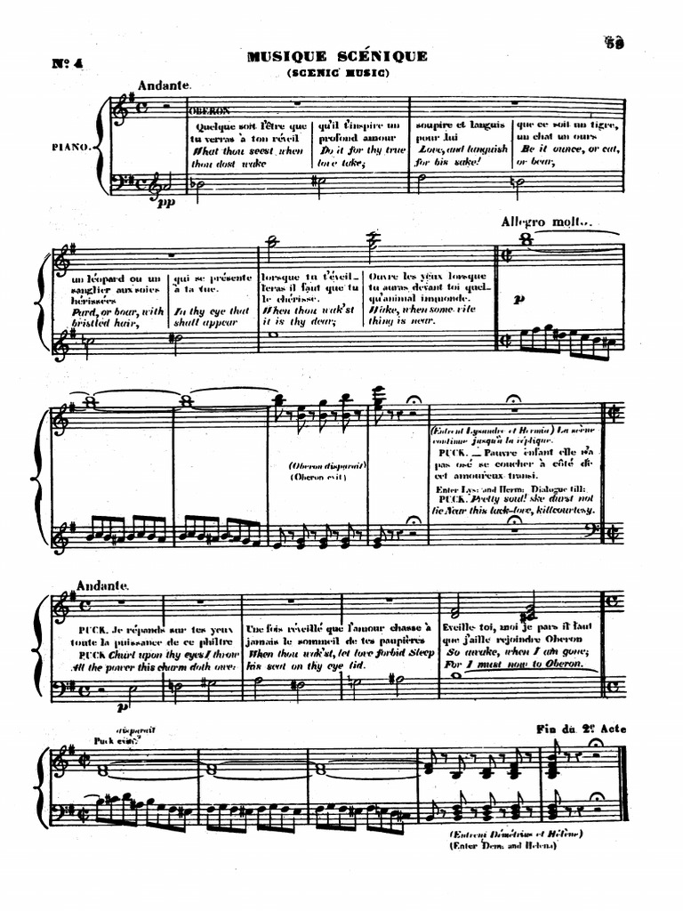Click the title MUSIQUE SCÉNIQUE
337,56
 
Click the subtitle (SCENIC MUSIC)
337,73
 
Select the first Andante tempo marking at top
165,85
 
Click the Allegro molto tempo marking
546,222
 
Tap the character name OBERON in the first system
209,111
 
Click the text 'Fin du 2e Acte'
581,729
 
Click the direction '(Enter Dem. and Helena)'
503,845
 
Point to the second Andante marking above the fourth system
104,586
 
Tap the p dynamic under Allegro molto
518,301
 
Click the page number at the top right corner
613,41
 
